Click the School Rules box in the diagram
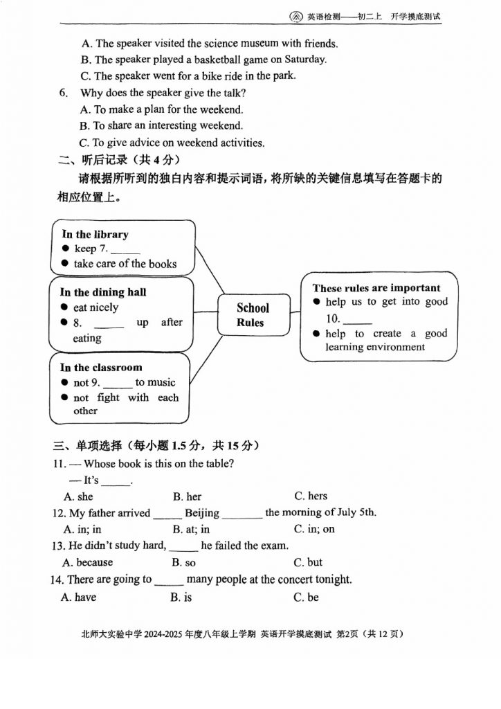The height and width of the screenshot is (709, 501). coord(253,316)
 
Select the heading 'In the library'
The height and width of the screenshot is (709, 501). coord(95,234)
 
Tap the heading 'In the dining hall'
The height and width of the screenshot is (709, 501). coord(102,292)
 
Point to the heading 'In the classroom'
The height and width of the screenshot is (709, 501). coord(100,368)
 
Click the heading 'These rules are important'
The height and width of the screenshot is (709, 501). coord(376,288)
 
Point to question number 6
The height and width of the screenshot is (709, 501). coord(64,93)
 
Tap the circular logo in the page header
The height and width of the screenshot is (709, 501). coord(295,17)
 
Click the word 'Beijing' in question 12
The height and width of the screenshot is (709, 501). coord(202,513)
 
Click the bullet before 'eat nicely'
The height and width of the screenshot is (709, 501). coord(65,307)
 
